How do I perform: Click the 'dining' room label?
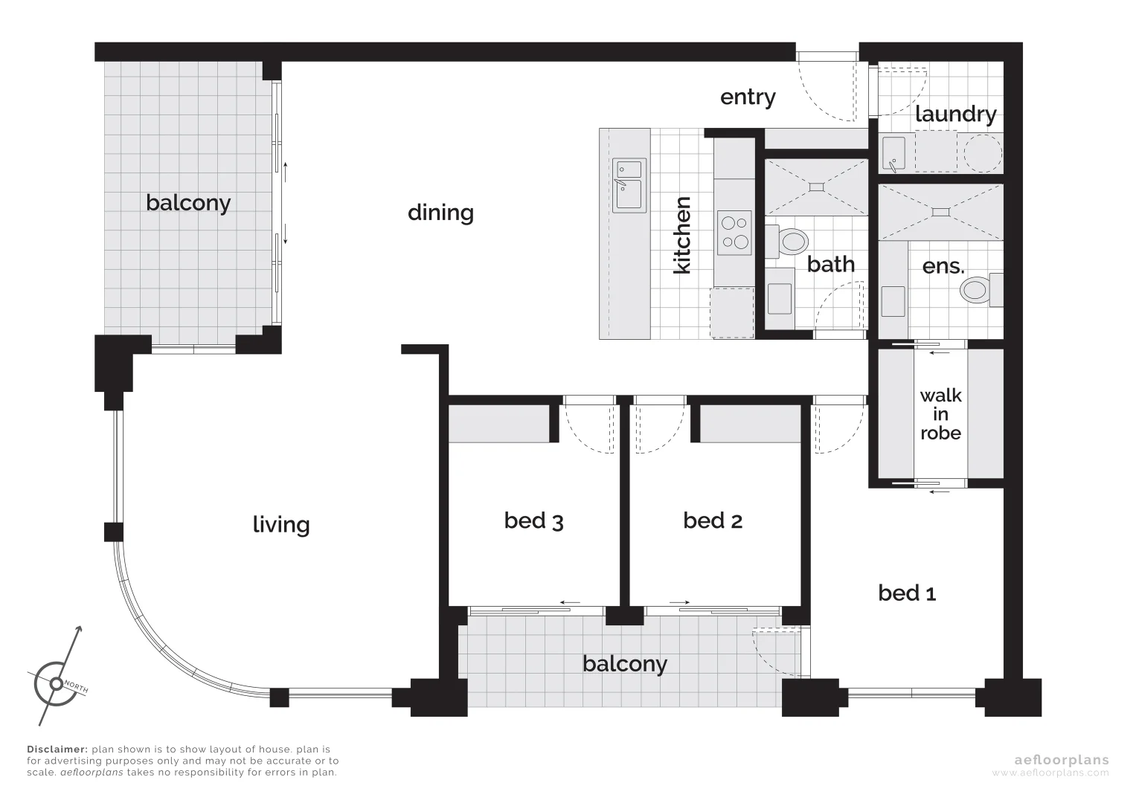tap(440, 213)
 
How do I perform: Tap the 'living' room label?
tap(280, 525)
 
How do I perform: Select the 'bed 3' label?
tap(533, 520)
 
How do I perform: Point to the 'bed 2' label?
tap(712, 520)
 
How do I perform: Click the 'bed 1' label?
tap(906, 593)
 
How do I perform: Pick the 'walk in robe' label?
tap(940, 414)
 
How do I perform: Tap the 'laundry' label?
tap(954, 115)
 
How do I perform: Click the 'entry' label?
tap(748, 97)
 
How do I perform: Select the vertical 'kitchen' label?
tap(682, 235)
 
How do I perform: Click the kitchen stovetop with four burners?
tap(734, 231)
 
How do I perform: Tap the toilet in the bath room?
tap(791, 241)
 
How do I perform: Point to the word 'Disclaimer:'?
tap(57, 749)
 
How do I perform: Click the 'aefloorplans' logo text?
tap(1061, 760)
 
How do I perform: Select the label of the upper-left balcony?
tap(187, 203)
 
